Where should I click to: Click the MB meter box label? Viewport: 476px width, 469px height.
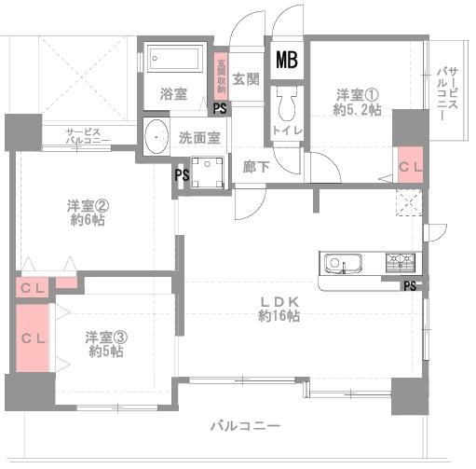point(286,61)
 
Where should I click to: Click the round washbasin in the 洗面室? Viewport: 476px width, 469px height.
point(156,135)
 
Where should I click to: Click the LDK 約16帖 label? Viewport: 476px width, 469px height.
point(279,309)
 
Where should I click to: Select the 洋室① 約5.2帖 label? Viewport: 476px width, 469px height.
point(359,101)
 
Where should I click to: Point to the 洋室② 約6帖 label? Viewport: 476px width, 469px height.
point(86,213)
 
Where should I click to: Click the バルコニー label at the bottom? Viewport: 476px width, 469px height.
point(245,426)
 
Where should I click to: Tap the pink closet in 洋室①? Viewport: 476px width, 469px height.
point(410,165)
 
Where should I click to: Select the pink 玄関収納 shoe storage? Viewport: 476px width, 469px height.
point(221,74)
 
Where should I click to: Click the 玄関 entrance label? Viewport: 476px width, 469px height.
point(245,78)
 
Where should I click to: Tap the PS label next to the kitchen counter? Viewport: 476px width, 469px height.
point(410,285)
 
